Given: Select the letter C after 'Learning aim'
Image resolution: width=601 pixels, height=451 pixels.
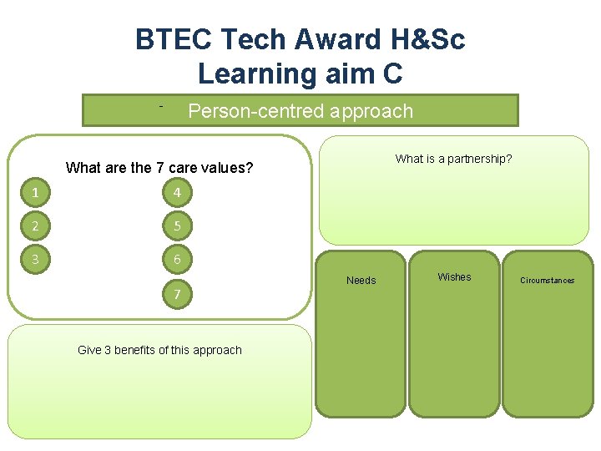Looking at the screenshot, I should pos(391,73).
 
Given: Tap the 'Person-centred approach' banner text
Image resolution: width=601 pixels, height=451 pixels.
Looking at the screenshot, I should pos(300,111).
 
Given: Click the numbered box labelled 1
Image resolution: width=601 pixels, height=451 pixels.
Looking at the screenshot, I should pos(34,194).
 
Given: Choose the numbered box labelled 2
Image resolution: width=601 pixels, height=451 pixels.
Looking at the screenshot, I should pos(34,226).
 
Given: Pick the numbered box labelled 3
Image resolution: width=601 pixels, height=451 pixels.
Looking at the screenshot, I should pos(34,260).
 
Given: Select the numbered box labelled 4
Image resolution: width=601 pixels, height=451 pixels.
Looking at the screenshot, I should pos(177,194).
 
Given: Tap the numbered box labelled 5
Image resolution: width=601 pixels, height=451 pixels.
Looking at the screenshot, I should pos(177,226).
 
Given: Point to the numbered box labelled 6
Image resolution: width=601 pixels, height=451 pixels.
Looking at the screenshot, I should pos(177,260).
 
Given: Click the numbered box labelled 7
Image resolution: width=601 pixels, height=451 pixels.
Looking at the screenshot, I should pos(177,294).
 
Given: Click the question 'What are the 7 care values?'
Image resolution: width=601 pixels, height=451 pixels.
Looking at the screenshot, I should pos(159,168).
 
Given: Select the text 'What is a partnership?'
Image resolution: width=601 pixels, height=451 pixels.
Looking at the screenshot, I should pos(453,159).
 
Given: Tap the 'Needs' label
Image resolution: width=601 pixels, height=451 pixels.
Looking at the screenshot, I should pos(361,281).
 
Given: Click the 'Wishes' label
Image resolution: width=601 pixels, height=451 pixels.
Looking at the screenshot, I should pos(454,277).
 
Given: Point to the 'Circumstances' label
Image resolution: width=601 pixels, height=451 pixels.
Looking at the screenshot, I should pos(547,281).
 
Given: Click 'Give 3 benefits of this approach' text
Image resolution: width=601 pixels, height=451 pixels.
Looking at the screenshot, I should pos(159,350).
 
